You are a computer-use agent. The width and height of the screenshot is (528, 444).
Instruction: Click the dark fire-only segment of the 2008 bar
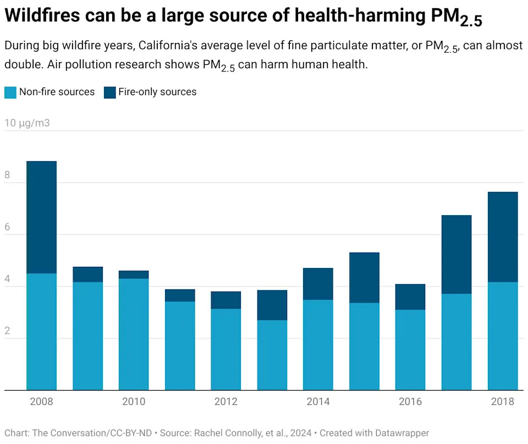41,217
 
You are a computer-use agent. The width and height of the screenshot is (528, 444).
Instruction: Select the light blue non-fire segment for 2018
503,336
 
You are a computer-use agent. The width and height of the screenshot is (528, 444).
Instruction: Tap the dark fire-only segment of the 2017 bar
457,254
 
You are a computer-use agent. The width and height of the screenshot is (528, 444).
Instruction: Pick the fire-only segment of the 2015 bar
364,277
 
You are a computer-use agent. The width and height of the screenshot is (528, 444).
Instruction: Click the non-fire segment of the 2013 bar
272,355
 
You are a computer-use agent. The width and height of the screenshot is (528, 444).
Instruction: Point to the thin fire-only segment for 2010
134,275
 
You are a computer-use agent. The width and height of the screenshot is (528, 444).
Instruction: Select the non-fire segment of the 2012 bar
226,349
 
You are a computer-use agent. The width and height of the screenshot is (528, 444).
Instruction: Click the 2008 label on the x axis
41,402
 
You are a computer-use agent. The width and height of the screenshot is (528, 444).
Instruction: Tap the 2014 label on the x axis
318,402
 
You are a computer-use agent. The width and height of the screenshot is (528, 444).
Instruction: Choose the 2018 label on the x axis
503,402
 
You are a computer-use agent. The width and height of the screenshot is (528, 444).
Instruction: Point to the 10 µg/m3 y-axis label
27,123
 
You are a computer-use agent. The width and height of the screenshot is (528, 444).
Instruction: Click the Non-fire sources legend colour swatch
10,92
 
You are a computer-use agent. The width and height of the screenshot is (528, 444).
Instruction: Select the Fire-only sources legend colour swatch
109,92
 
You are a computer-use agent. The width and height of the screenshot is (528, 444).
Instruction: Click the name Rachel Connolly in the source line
229,433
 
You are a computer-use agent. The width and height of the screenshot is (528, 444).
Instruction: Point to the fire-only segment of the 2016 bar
410,297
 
